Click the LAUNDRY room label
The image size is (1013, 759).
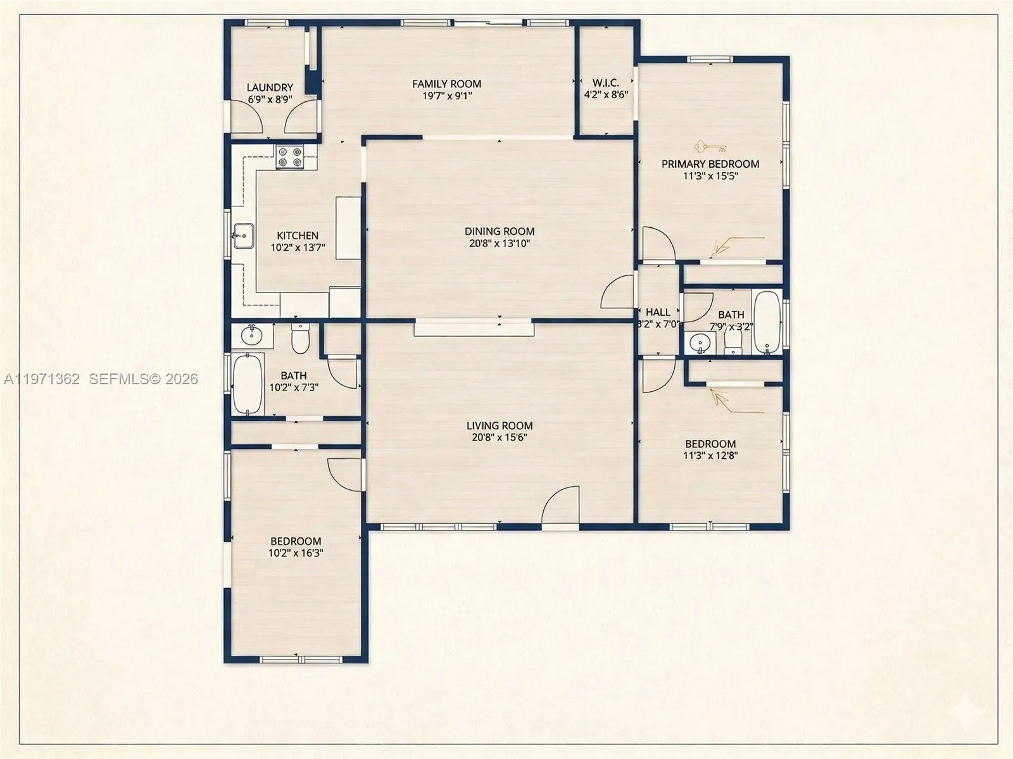click(270, 87)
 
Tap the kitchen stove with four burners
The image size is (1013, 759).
click(290, 157)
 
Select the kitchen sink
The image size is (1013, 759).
click(242, 236)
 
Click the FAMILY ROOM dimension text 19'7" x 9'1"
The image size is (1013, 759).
click(447, 96)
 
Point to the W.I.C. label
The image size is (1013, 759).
click(606, 83)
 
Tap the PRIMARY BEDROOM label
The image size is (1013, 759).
click(710, 164)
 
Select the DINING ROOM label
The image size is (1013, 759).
click(500, 231)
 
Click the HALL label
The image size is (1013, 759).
click(658, 312)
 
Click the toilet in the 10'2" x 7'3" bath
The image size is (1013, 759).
click(300, 339)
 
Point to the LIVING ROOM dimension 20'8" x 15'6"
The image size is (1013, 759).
click(500, 437)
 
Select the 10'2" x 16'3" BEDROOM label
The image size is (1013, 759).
click(296, 541)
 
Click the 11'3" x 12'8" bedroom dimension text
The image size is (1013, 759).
click(710, 455)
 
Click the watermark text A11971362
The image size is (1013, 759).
click(42, 379)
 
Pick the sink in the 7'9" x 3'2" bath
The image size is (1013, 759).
click(700, 343)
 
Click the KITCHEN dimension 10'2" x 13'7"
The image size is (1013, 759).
click(298, 248)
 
